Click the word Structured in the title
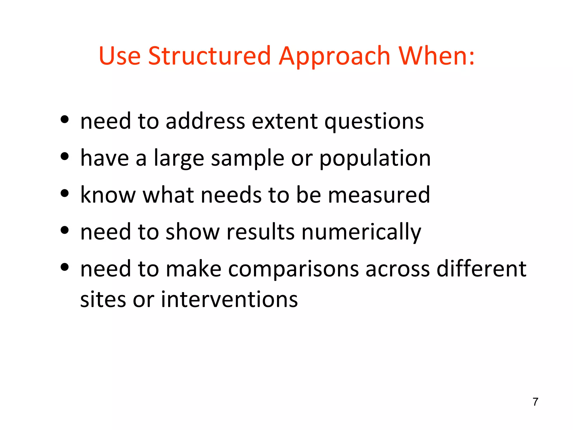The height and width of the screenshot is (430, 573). click(x=209, y=56)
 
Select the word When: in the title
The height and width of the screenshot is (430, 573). click(x=436, y=56)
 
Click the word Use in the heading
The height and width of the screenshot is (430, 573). click(x=119, y=56)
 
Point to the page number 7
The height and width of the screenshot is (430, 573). click(x=535, y=402)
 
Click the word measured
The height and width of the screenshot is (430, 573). click(x=379, y=195)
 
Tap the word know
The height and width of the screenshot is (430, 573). click(x=108, y=195)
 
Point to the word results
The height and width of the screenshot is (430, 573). click(x=260, y=232)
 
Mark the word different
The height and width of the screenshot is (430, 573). click(x=481, y=269)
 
